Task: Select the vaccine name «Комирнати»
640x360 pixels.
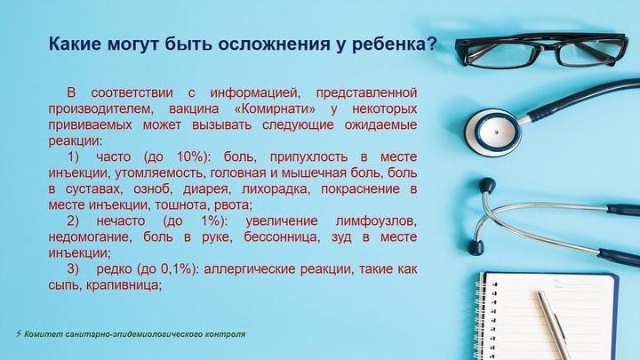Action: pyautogui.click(x=276, y=109)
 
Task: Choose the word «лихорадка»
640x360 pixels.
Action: pyautogui.click(x=276, y=189)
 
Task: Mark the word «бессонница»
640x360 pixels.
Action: pyautogui.click(x=281, y=237)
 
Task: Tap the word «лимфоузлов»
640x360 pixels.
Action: pyautogui.click(x=376, y=221)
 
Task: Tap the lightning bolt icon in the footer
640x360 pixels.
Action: pyautogui.click(x=19, y=333)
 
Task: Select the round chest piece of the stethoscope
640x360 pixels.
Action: pyautogui.click(x=493, y=132)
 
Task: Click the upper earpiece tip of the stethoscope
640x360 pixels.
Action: pyautogui.click(x=487, y=186)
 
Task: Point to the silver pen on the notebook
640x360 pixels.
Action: pyautogui.click(x=554, y=325)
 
